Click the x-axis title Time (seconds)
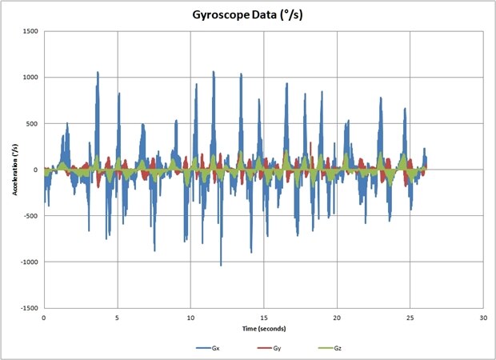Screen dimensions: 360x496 point(262,328)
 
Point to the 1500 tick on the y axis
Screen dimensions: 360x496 point(30,32)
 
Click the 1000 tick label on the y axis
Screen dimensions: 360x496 point(30,78)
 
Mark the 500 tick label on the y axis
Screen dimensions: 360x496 point(32,124)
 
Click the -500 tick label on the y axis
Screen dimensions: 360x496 point(30,216)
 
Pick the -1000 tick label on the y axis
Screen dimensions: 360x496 point(29,262)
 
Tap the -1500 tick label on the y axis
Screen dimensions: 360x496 point(29,308)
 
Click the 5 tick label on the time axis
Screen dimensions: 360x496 point(118,318)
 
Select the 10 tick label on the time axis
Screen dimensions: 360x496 point(190,318)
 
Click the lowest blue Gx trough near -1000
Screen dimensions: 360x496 point(221,264)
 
